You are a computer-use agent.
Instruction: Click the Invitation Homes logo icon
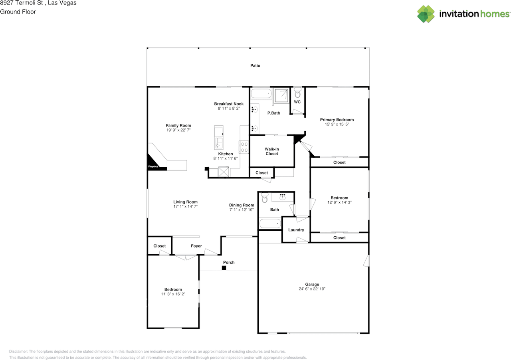tap(426, 14)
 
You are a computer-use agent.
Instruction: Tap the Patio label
tap(255, 66)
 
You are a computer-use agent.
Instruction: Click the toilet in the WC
tap(297, 93)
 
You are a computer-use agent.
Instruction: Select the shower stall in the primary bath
tap(281, 96)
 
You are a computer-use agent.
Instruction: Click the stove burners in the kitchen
tap(244, 147)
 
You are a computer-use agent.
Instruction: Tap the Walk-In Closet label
tap(272, 152)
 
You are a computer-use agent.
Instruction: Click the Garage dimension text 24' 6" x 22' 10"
tap(312, 289)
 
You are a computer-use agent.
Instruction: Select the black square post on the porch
tap(224, 268)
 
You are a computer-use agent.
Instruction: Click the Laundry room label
tap(296, 230)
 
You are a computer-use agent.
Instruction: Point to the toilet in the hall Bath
tap(265, 198)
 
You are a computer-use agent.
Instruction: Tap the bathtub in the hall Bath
tap(270, 224)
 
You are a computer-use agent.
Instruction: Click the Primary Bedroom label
tap(337, 120)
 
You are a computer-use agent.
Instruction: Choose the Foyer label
tap(196, 246)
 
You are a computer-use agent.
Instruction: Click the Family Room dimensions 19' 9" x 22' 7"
tap(178, 130)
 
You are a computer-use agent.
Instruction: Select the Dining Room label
tap(242, 205)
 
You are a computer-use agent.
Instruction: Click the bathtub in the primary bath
tap(261, 93)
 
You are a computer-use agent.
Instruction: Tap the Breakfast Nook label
tap(229, 104)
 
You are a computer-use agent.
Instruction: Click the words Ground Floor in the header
tap(18, 12)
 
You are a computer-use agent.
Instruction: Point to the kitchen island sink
tap(219, 143)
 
